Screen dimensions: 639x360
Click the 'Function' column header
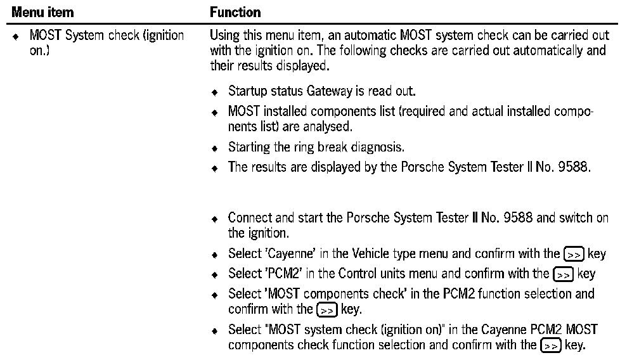pos(235,12)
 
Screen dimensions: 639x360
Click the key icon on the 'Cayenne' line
pos(573,254)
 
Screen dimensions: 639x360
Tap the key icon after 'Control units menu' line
pos(563,274)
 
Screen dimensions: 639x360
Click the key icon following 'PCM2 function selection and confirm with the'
pos(327,310)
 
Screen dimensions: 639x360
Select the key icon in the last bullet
pos(550,345)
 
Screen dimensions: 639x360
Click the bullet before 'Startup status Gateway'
pos(215,92)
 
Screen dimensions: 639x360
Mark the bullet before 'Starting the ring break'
pos(215,148)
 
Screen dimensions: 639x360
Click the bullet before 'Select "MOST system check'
pos(215,331)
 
